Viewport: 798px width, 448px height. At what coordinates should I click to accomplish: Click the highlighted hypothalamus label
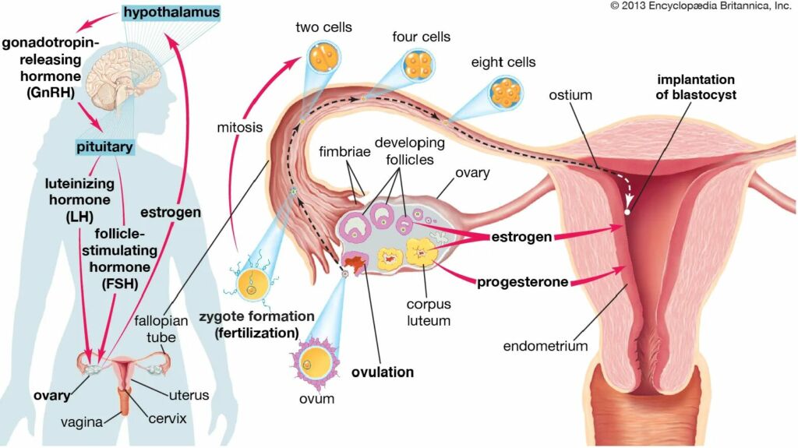pos(171,12)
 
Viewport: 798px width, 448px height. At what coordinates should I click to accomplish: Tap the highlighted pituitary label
pos(104,147)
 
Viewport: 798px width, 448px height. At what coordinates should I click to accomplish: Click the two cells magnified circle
pos(324,57)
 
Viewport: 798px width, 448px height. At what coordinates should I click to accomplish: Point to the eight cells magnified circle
pos(506,93)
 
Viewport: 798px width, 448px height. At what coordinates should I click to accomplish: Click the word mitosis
pos(240,127)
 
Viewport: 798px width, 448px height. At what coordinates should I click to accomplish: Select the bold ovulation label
pos(383,372)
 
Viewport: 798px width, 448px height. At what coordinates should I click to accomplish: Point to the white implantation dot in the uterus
pos(627,212)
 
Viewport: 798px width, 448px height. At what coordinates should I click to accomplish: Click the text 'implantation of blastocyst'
pos(696,87)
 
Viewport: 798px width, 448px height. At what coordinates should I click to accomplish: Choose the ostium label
pos(570,95)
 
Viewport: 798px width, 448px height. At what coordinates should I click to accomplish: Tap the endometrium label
pos(545,346)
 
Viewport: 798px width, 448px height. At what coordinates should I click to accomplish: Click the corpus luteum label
pos(429,312)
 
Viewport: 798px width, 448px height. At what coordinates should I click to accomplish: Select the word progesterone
pos(522,282)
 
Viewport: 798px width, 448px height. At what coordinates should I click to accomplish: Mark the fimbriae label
pos(344,152)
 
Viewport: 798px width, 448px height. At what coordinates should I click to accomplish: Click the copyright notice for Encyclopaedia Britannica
pos(701,6)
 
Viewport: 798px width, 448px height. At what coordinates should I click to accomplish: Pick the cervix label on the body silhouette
pos(168,418)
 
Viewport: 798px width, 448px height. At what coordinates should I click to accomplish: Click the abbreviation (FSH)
pos(119,284)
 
